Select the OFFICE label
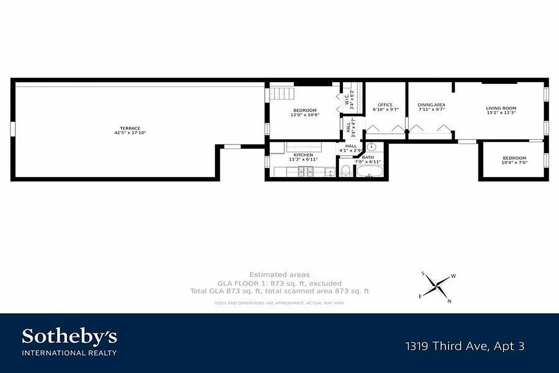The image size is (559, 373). (385, 105)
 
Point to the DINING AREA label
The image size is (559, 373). (431, 105)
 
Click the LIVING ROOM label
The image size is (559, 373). (501, 108)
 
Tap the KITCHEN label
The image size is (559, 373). (303, 155)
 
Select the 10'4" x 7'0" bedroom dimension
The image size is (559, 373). (514, 163)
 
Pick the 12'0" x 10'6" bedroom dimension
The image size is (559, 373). (305, 115)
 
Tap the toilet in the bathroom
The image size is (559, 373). (346, 170)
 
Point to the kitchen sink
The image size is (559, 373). (330, 172)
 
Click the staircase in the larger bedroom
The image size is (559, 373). (282, 93)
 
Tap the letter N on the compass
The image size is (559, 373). (449, 301)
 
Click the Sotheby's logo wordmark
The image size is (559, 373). (69, 337)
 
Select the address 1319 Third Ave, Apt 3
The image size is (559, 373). (465, 346)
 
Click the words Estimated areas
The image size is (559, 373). (279, 275)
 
